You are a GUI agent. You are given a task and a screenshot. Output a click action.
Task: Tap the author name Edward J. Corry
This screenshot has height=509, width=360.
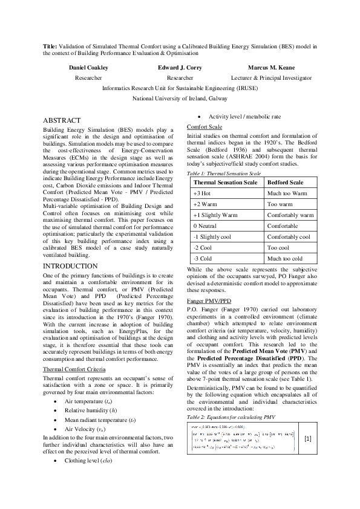pyautogui.click(x=180, y=68)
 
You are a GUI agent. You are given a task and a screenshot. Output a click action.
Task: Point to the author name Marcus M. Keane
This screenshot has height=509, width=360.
pyautogui.click(x=272, y=68)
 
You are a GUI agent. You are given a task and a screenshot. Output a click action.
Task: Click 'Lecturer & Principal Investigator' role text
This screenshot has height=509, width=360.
pyautogui.click(x=272, y=78)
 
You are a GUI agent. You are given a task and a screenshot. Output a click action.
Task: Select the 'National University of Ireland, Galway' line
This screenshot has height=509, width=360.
pyautogui.click(x=180, y=97)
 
